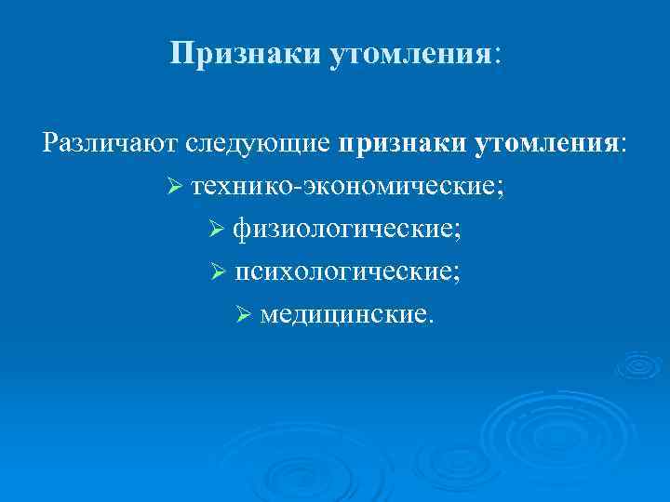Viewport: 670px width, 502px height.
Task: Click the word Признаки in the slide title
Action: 245,54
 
